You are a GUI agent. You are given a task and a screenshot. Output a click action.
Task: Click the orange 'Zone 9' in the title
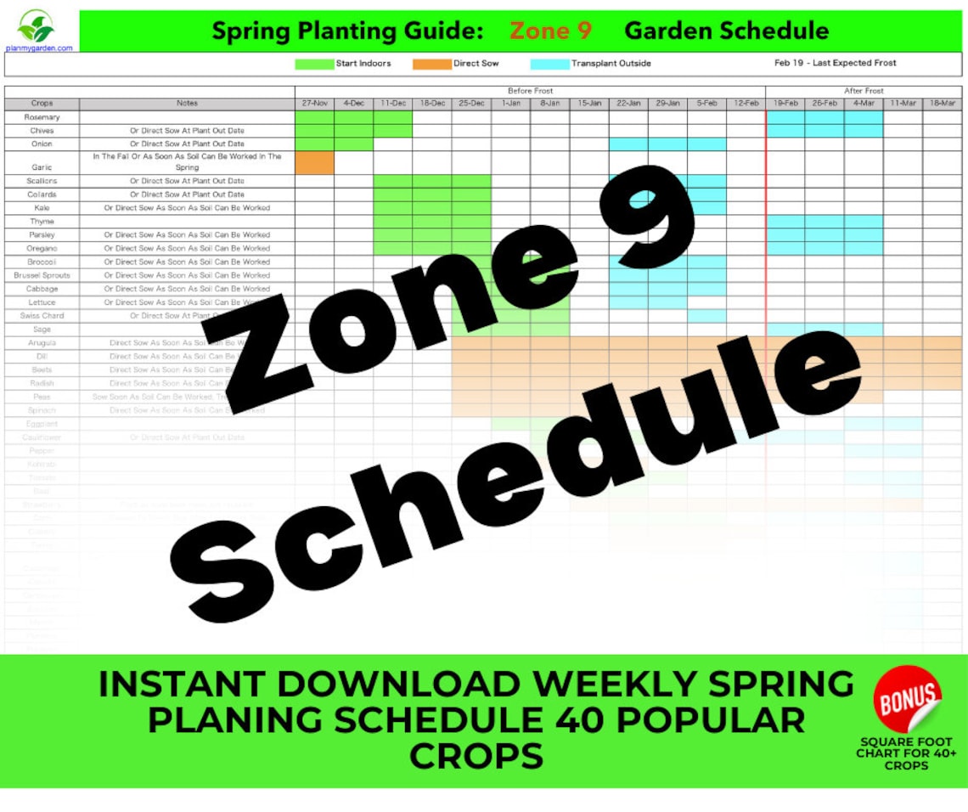click(x=550, y=31)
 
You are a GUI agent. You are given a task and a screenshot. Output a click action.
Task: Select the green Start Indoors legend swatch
click(x=314, y=64)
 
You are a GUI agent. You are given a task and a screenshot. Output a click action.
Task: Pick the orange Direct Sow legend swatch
click(x=431, y=64)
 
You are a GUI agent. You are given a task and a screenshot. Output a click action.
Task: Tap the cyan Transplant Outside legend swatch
click(x=549, y=64)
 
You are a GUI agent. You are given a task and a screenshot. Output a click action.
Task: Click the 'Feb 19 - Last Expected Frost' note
click(x=835, y=63)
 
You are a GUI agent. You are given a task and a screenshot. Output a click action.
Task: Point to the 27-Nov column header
click(x=314, y=104)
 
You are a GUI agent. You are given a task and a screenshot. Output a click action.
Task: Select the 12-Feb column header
click(x=746, y=104)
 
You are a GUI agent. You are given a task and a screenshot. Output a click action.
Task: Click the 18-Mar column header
click(x=942, y=104)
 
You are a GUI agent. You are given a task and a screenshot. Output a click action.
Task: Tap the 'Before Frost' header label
click(x=530, y=91)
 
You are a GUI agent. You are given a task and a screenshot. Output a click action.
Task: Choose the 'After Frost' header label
click(x=864, y=91)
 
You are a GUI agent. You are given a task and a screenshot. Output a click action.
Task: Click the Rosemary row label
click(x=42, y=117)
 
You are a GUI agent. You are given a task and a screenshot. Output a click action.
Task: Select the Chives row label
click(x=42, y=131)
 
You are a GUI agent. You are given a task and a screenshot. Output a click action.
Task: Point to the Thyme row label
click(x=42, y=221)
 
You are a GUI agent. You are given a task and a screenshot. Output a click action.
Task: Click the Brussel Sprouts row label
click(x=42, y=275)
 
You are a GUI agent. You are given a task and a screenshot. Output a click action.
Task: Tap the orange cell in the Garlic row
click(x=314, y=162)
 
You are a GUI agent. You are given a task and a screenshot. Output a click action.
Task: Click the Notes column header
click(x=187, y=104)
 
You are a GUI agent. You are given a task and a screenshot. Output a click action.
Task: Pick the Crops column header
click(x=42, y=104)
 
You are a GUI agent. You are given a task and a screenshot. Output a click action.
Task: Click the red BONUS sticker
click(x=908, y=698)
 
